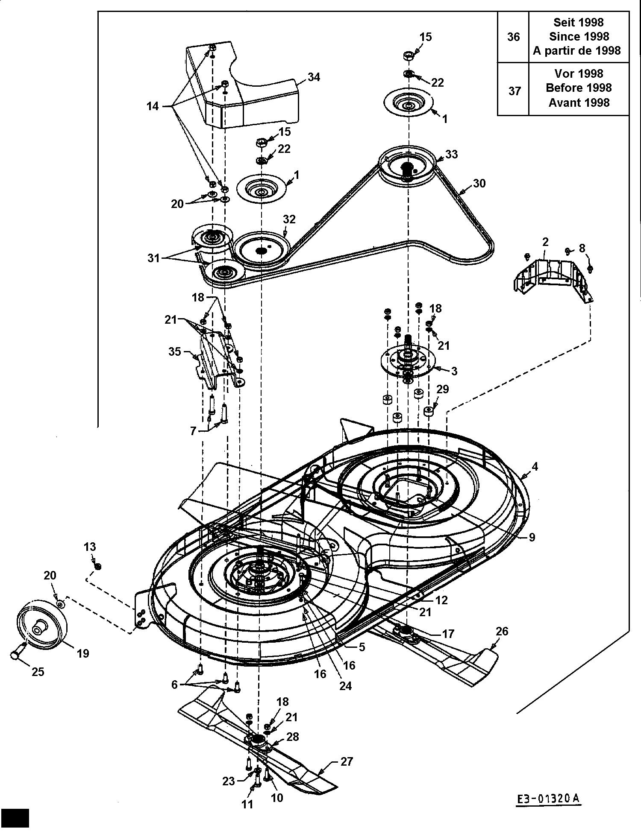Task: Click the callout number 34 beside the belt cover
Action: pyautogui.click(x=314, y=77)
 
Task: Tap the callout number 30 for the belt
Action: pyautogui.click(x=479, y=183)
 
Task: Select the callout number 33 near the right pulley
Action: pyautogui.click(x=451, y=154)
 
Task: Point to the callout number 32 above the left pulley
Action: pyautogui.click(x=289, y=219)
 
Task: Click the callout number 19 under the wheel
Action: pyautogui.click(x=83, y=653)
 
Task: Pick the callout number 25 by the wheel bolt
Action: pyautogui.click(x=38, y=672)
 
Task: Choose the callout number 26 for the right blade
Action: pyautogui.click(x=502, y=631)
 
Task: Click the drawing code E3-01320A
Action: pyautogui.click(x=547, y=798)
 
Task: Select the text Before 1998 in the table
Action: pyautogui.click(x=579, y=88)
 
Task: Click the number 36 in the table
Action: pyautogui.click(x=513, y=37)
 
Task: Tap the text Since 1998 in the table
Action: pyautogui.click(x=579, y=37)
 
